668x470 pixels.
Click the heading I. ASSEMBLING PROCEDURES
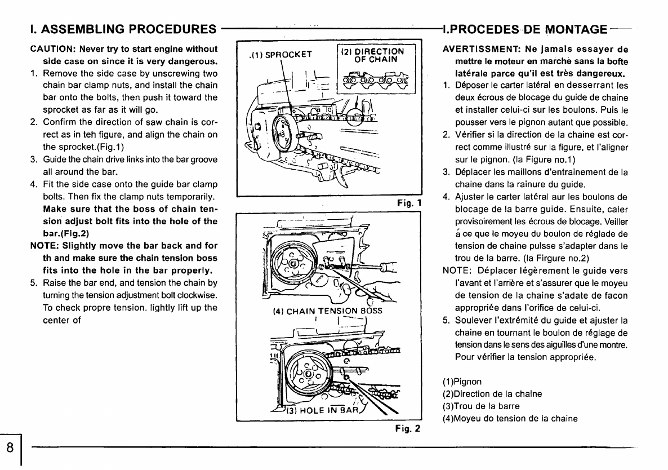pos(123,28)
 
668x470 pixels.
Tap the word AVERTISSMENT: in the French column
pos(479,49)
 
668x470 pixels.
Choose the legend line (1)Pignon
pos(462,382)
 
